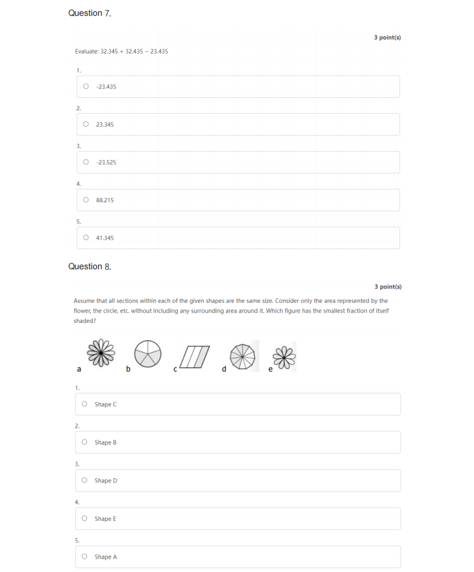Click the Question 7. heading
click(x=90, y=13)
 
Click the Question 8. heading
click(x=90, y=266)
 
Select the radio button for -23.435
click(x=86, y=87)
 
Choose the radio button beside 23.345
click(x=86, y=124)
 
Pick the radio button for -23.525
click(x=86, y=162)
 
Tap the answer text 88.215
click(x=105, y=200)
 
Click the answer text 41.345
click(x=105, y=238)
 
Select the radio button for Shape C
click(x=84, y=404)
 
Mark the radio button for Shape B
click(x=84, y=442)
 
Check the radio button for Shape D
click(x=84, y=481)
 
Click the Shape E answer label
click(x=105, y=518)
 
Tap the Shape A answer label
click(x=105, y=557)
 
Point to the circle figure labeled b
click(x=148, y=354)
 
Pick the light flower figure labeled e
click(x=285, y=356)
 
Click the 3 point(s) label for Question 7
click(x=387, y=37)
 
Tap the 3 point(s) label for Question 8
click(x=388, y=286)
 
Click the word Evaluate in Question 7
click(x=87, y=51)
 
